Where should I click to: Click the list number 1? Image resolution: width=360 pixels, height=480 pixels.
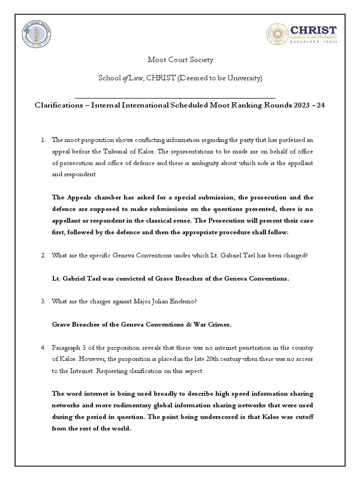click(42, 140)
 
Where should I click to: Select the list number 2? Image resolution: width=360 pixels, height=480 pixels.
click(42, 255)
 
